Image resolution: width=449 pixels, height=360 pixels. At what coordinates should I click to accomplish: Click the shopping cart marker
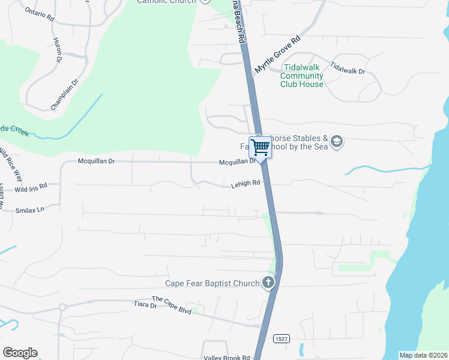point(261,147)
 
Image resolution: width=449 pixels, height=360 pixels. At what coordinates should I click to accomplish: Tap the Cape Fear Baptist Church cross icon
point(268,283)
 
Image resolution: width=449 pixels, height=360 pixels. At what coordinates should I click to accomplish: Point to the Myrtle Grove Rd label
point(277,55)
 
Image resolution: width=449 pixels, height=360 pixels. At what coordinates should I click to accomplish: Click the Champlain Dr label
point(65,95)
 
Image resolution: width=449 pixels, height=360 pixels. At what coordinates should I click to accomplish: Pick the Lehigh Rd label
point(246,184)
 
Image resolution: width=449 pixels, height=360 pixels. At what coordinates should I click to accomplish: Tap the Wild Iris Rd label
point(31,188)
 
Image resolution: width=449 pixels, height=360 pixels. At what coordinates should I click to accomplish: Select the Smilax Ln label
point(30,209)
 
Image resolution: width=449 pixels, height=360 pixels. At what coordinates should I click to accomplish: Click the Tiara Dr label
point(145,305)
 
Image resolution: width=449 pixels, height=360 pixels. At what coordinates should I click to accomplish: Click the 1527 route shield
point(280,339)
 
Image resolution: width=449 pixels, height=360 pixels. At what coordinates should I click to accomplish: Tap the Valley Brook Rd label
point(226,357)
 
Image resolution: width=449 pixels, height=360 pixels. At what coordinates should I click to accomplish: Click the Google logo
point(20,353)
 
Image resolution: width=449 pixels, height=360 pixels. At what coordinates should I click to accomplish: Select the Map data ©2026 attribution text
point(423,355)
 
